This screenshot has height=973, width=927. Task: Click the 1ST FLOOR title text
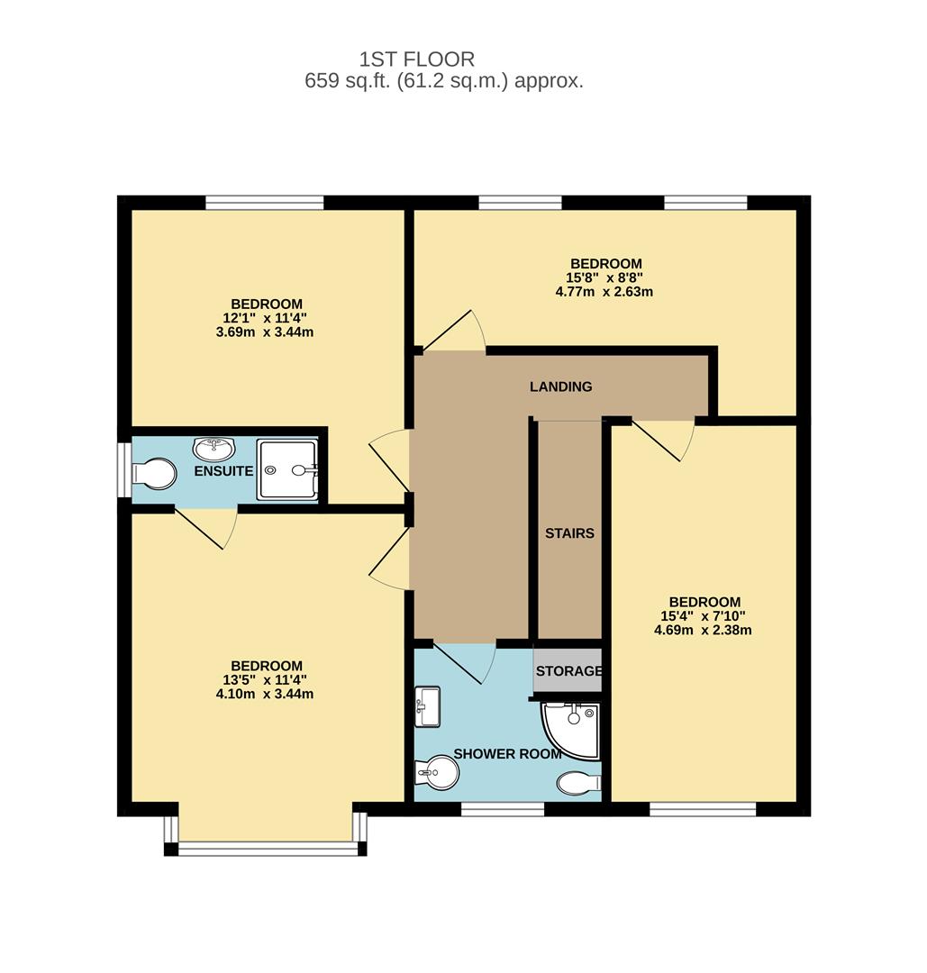tap(417, 59)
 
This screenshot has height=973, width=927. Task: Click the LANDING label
tap(561, 386)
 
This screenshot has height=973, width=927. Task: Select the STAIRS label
tap(569, 533)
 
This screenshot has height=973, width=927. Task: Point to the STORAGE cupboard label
tap(569, 671)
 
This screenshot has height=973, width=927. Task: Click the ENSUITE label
tap(223, 471)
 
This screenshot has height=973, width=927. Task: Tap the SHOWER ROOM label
tap(507, 754)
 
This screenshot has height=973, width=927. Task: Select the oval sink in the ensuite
tap(214, 448)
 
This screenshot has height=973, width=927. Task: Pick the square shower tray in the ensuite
tap(288, 469)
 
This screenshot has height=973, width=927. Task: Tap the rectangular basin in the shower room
tap(427, 706)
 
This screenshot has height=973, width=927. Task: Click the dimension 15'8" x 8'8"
tap(606, 277)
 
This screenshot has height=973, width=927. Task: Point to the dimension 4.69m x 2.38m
tap(703, 631)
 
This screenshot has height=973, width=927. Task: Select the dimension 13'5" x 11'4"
tap(265, 680)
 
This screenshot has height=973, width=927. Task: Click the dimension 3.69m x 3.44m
tap(265, 332)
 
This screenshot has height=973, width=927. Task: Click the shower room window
tap(503, 809)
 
